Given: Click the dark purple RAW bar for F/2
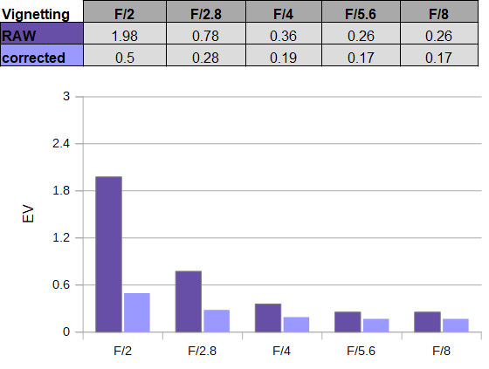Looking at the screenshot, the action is [x=108, y=255].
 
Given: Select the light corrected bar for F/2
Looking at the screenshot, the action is [x=137, y=312].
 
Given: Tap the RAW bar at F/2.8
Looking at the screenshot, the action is [x=189, y=302].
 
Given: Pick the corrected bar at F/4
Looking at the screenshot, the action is [x=296, y=325].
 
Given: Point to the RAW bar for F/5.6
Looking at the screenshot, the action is [x=348, y=322].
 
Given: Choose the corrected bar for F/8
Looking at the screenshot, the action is [x=456, y=325].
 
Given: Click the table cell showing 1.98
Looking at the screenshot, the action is [x=125, y=33].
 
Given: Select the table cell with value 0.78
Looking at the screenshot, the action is [x=206, y=33].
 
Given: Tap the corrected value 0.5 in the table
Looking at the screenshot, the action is [x=125, y=56].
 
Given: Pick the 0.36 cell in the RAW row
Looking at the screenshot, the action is [x=284, y=33].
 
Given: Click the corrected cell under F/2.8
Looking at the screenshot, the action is [x=206, y=56].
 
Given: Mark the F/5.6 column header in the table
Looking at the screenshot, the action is [x=361, y=11].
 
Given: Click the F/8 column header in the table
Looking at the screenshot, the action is [x=438, y=11].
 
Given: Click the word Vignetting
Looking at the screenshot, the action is [x=36, y=15].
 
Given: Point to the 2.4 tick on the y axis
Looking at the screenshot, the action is [x=61, y=144].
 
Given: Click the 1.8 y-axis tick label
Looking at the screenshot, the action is [x=61, y=190].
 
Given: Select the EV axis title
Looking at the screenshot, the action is [x=28, y=214].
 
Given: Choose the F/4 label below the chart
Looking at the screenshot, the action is [x=281, y=351].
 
